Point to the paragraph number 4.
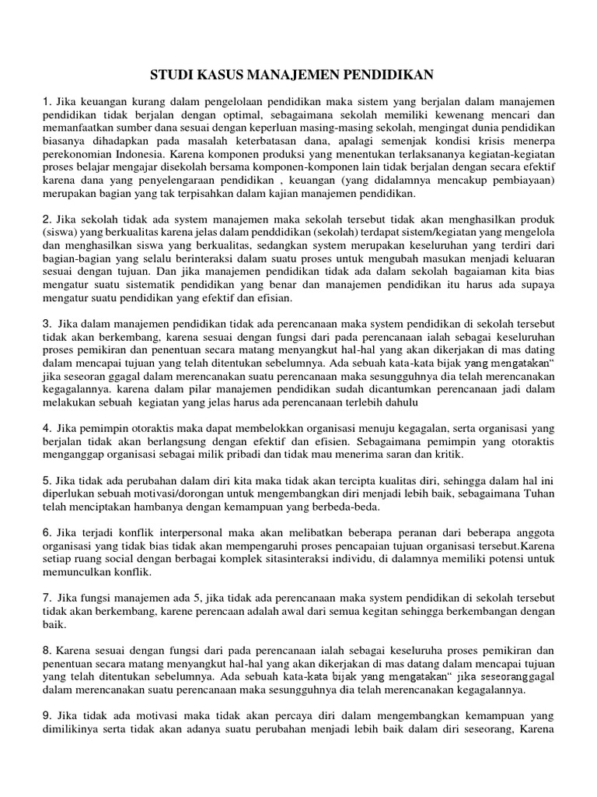(x=46, y=428)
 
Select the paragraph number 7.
(x=46, y=598)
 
